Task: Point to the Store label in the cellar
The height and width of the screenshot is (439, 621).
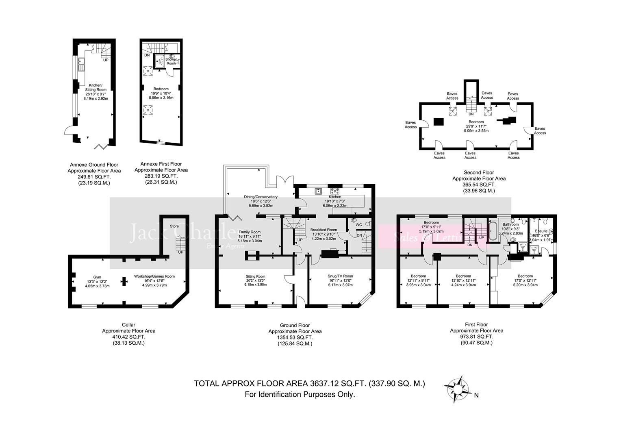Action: click(174, 226)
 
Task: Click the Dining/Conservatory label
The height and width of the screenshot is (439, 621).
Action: click(261, 197)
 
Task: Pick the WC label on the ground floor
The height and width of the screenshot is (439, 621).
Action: click(358, 225)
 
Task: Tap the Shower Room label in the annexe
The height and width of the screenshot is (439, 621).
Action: click(171, 61)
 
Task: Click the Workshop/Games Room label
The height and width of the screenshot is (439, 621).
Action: click(154, 276)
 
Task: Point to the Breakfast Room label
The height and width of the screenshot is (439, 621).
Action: click(324, 230)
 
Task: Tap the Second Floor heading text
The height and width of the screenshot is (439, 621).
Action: click(479, 173)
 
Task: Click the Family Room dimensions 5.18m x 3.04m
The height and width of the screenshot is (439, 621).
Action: click(250, 241)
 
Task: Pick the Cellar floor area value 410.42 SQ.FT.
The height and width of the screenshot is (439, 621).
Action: click(128, 337)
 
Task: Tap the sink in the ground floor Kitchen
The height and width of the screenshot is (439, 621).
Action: click(319, 190)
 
